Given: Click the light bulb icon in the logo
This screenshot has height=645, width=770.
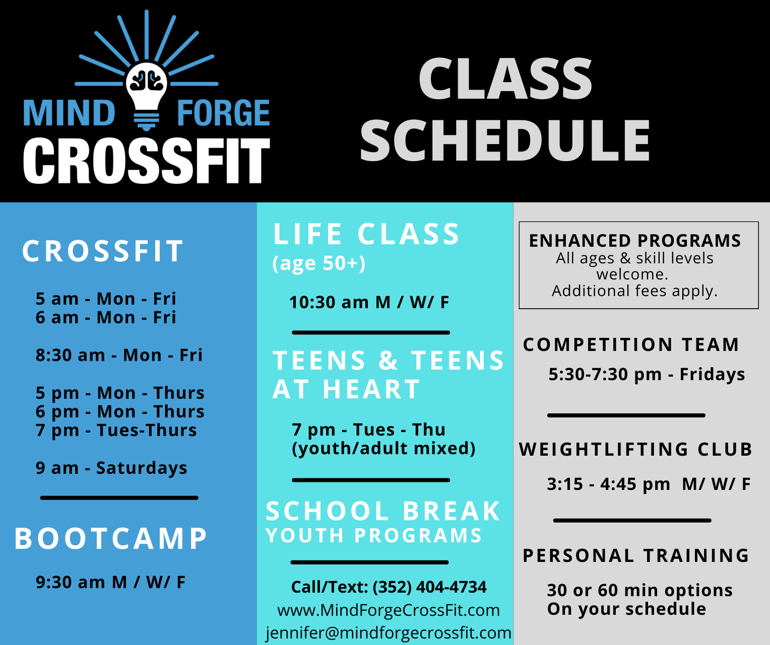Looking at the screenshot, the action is click(x=147, y=96).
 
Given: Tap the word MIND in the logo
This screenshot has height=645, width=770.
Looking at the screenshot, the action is click(x=70, y=113).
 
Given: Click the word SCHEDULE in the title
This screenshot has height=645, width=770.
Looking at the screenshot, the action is click(x=505, y=140).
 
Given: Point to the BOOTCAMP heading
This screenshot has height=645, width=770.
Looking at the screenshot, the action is click(x=111, y=538).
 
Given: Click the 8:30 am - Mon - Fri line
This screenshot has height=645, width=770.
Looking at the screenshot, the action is click(x=119, y=355).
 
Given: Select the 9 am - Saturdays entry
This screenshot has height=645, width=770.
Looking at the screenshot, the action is click(x=111, y=468).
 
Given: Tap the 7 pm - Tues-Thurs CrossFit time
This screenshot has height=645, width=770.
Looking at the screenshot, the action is click(x=116, y=431).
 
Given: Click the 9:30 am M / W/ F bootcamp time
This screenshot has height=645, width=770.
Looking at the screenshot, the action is click(x=111, y=583).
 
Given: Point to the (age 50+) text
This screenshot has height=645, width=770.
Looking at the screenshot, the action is click(x=319, y=263).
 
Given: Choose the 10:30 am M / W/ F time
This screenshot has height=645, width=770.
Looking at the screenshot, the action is click(x=369, y=302).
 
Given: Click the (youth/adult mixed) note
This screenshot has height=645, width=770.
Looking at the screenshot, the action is click(x=383, y=449).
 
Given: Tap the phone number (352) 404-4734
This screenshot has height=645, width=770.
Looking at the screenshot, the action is click(x=430, y=587).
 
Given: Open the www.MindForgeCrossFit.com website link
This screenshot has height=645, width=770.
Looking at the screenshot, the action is click(x=389, y=610).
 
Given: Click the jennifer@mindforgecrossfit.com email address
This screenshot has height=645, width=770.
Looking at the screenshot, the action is click(x=389, y=633).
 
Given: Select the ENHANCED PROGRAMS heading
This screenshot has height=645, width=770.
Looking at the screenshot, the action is click(x=635, y=241).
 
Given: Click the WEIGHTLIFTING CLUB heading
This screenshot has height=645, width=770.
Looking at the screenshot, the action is click(x=636, y=449).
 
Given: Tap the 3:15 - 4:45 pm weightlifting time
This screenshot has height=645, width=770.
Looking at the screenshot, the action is click(x=608, y=484).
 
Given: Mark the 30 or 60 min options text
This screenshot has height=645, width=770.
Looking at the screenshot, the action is click(x=640, y=591).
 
